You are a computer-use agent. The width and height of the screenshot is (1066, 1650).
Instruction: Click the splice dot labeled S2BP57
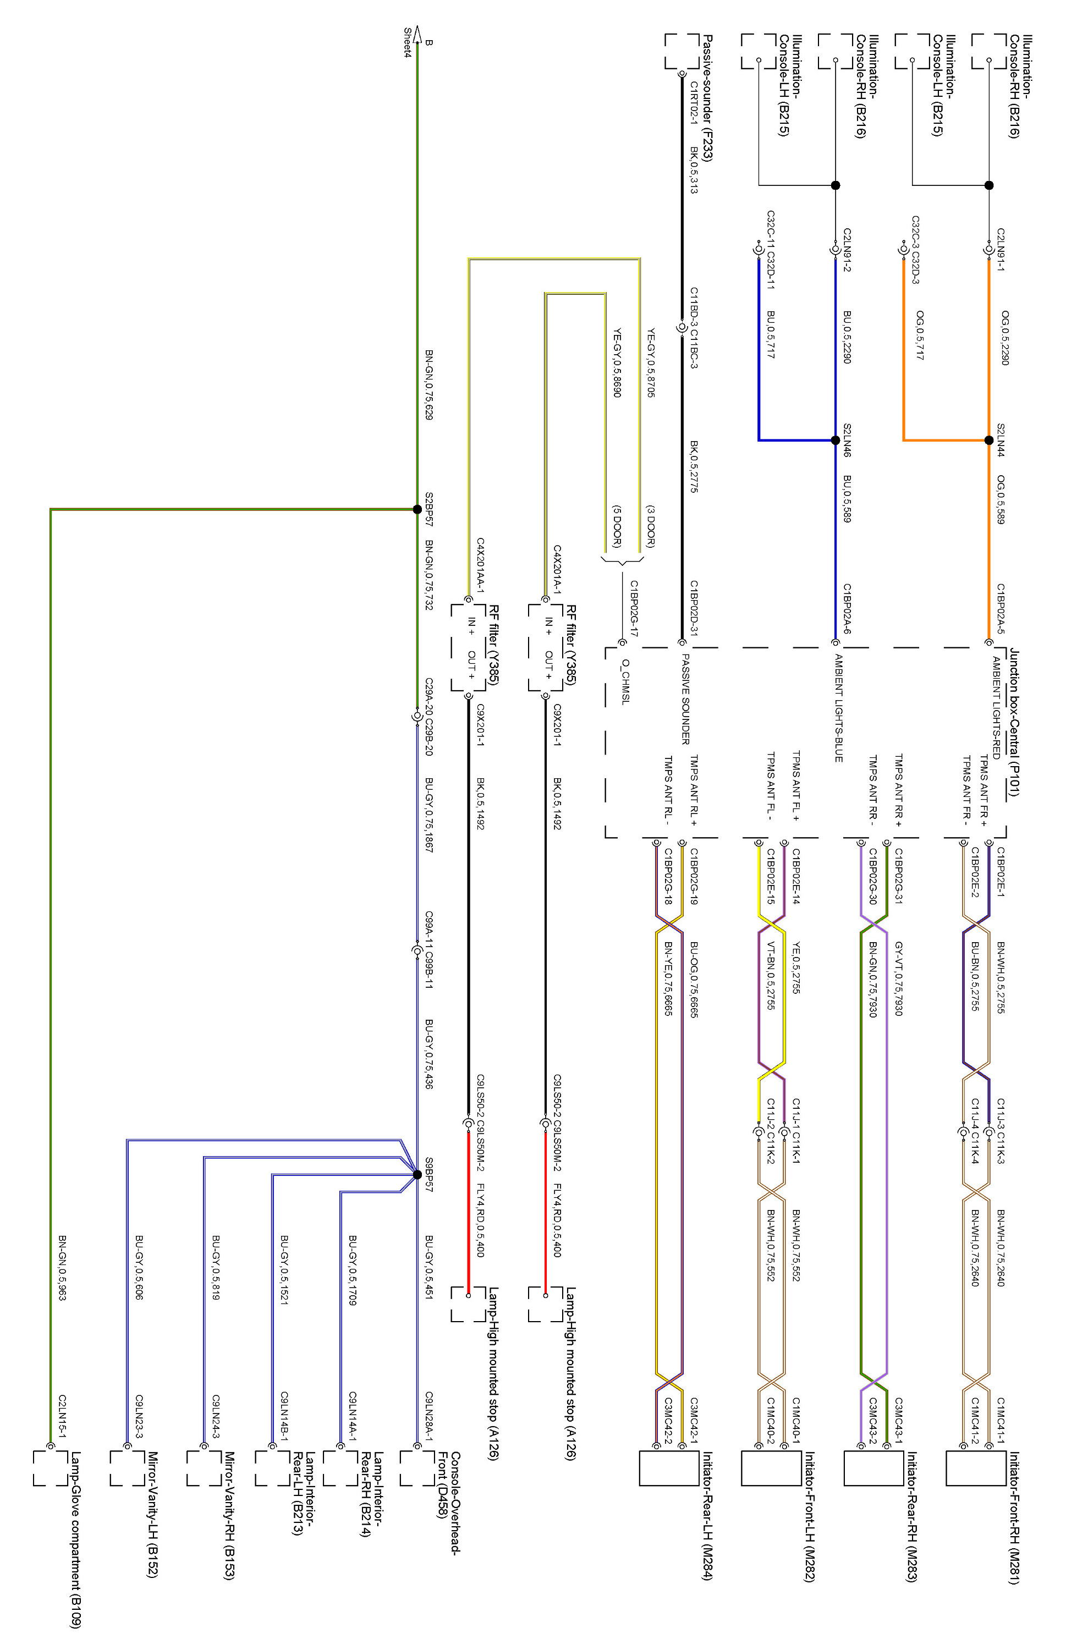[417, 509]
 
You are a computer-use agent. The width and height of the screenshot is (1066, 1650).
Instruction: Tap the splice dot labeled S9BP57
[417, 1174]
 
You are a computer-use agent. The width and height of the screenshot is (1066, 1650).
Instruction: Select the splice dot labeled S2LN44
[988, 440]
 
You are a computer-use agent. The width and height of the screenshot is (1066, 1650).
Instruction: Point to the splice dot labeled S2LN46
[836, 440]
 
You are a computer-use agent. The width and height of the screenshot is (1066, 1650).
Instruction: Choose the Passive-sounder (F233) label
[707, 97]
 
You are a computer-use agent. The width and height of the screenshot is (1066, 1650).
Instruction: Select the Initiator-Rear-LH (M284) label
[707, 1516]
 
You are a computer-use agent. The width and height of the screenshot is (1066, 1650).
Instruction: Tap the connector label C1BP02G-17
[633, 608]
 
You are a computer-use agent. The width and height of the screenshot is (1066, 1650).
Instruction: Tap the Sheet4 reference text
[408, 42]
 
